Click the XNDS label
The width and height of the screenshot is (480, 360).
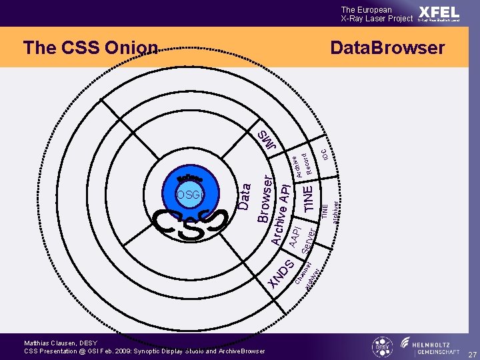click(279, 273)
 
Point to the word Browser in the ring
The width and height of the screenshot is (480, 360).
click(264, 199)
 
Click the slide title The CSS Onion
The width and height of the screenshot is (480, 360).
click(91, 47)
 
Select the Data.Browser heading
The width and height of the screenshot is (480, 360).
click(387, 48)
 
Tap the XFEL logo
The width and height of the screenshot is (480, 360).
click(439, 13)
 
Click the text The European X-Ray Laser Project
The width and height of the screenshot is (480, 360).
click(377, 14)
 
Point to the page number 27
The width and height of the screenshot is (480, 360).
click(471, 354)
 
